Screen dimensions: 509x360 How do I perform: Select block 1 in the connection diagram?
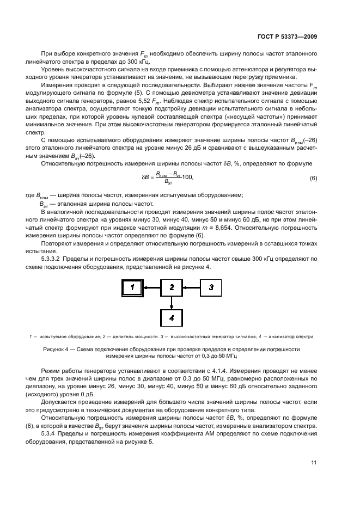click(x=132, y=287)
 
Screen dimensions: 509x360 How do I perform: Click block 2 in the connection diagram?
click(x=172, y=287)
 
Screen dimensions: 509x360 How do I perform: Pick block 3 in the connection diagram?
click(x=212, y=287)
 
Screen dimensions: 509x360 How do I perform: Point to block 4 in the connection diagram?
click(x=172, y=317)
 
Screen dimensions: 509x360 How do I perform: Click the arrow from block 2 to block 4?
click(x=172, y=302)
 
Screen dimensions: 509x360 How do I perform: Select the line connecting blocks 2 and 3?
click(x=192, y=287)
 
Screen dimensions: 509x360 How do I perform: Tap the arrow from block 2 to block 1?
click(x=152, y=287)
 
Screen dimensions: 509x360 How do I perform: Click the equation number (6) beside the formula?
click(x=313, y=178)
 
